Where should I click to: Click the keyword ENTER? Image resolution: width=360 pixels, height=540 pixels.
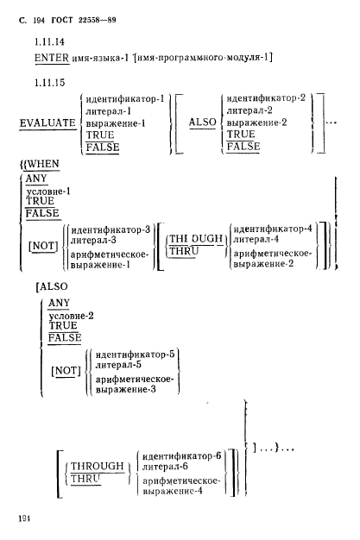click(52, 58)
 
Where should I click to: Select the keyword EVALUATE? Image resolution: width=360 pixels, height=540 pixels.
click(47, 123)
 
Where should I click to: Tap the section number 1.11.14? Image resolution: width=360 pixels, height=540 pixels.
click(50, 42)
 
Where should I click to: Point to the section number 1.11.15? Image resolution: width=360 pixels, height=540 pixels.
click(50, 83)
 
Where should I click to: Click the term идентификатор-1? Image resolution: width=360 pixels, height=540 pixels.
click(125, 99)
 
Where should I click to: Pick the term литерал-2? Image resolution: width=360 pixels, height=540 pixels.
click(249, 110)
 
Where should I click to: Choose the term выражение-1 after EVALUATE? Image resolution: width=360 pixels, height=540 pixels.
click(116, 123)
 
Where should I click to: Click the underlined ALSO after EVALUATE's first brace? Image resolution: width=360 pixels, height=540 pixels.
click(203, 122)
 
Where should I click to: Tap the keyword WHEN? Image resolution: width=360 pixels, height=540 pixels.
click(43, 164)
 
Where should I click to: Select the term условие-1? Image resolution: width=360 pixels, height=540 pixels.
click(48, 192)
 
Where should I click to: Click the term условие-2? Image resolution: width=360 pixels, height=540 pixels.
click(71, 316)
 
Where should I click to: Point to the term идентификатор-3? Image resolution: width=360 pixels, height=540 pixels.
click(111, 229)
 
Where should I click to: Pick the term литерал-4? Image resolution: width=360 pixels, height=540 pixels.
click(256, 239)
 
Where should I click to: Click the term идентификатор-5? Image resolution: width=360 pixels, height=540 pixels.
click(136, 355)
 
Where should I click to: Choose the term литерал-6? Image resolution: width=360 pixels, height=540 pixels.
click(165, 467)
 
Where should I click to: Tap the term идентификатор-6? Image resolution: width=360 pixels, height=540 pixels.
click(181, 456)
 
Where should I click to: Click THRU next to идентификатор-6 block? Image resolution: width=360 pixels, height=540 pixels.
click(85, 479)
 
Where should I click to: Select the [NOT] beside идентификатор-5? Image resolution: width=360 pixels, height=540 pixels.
click(66, 371)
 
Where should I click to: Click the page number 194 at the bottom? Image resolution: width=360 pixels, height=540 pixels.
click(24, 518)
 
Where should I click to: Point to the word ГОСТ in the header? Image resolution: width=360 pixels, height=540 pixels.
click(62, 21)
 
